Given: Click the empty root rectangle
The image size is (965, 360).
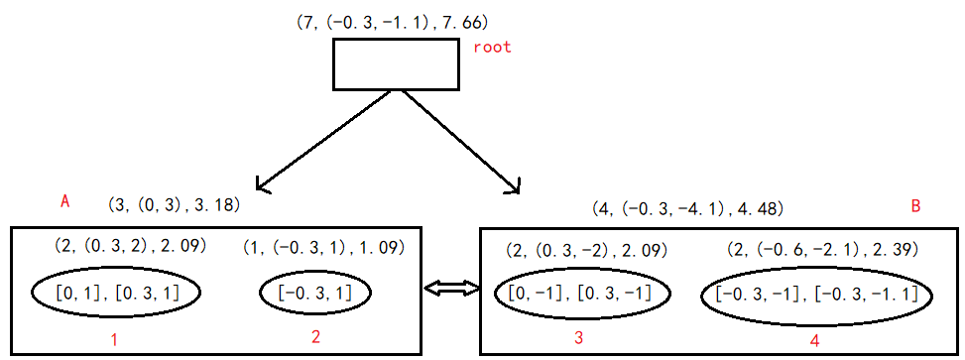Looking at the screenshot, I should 395,64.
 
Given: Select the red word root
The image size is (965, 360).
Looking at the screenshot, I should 491,48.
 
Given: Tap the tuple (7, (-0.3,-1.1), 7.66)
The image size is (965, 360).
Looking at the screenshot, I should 393,21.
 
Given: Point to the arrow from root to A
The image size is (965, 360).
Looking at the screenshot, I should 327,139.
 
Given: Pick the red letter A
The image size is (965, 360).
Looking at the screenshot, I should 65,201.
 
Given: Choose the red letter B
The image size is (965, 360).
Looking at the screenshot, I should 915,206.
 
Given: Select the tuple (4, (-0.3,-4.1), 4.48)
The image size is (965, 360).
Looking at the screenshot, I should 687,208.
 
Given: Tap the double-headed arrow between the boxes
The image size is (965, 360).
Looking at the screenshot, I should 451,289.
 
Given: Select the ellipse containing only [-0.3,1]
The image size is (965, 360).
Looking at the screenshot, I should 315,293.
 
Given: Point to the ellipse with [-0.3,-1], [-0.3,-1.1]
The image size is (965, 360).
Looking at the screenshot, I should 816,295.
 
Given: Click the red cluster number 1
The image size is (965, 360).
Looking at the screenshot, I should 114,340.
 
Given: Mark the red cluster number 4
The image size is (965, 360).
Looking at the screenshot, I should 814,340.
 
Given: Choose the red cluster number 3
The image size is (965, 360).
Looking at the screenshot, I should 578,338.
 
